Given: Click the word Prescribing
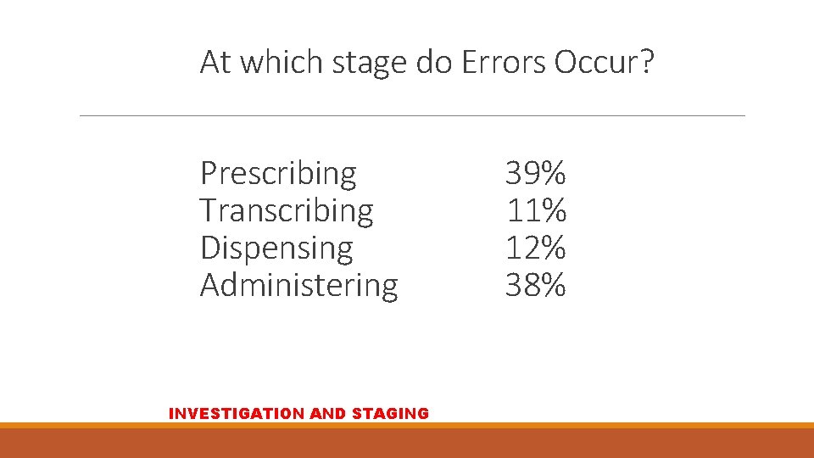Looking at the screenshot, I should pos(278,174).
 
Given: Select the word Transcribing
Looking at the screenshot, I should pos(287,210).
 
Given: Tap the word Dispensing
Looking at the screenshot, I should pos(276,248).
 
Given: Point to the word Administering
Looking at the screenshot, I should pos(298,285).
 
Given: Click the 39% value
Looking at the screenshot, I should pos(535,174).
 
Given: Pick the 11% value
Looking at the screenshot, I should pos(535,210).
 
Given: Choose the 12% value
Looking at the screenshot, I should pos(535,248).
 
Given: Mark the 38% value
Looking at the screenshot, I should pos(535,285).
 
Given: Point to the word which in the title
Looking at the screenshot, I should pos(278,62).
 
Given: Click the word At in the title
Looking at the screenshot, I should pos(215,62).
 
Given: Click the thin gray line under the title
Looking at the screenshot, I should pos(412,115).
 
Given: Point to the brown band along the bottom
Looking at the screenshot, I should pos(407,443).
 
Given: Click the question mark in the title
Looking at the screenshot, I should pos(648,62).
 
